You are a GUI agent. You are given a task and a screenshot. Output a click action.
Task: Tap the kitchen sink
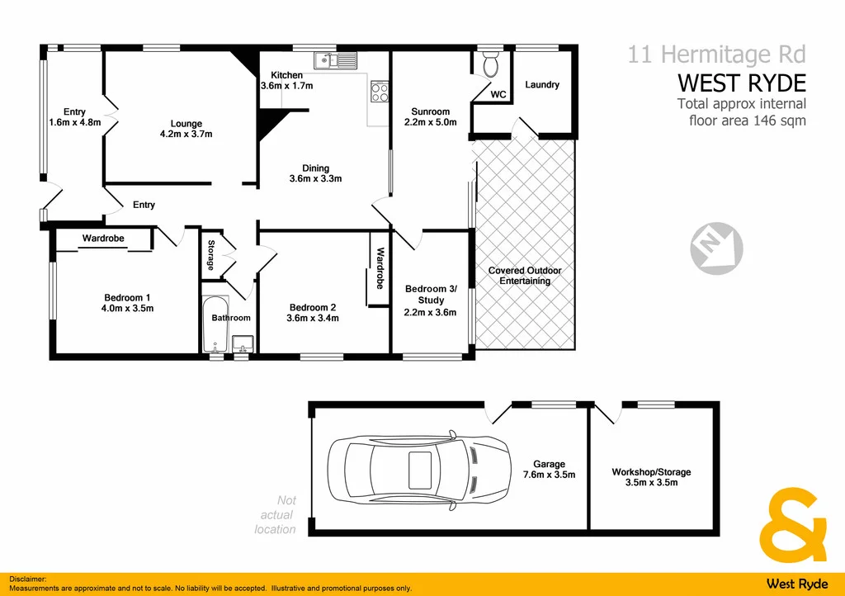click(x=334, y=59)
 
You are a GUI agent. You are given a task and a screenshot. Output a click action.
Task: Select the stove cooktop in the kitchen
click(x=379, y=91)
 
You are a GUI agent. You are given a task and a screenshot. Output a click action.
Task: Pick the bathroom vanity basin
click(x=243, y=342)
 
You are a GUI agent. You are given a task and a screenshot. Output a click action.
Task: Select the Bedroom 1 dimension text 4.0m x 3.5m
click(x=126, y=308)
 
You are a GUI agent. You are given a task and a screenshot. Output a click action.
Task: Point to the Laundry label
click(x=542, y=84)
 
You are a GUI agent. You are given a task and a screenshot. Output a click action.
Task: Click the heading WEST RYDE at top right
click(x=741, y=83)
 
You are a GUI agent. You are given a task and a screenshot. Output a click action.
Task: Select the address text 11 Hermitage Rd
click(x=716, y=54)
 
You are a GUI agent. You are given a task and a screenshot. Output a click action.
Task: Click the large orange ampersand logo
click(x=797, y=525)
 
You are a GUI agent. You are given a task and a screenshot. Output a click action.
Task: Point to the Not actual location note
click(x=275, y=514)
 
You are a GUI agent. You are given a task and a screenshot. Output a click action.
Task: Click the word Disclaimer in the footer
click(x=28, y=580)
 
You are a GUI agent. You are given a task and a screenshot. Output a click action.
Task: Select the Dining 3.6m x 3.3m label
click(x=315, y=173)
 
